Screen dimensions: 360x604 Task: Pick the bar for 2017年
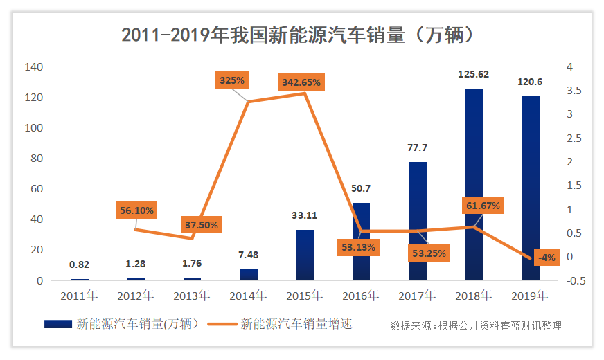418,221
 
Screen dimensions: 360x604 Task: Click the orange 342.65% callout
301,82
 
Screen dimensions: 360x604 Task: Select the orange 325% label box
231,80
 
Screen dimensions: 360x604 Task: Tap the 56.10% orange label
136,210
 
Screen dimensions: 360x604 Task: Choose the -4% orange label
547,258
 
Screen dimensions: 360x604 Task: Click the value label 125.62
474,74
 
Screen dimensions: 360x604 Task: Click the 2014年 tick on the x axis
248,296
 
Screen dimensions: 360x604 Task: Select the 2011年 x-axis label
79,296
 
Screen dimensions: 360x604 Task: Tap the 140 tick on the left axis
33,67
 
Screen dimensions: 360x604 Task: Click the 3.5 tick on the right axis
574,91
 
